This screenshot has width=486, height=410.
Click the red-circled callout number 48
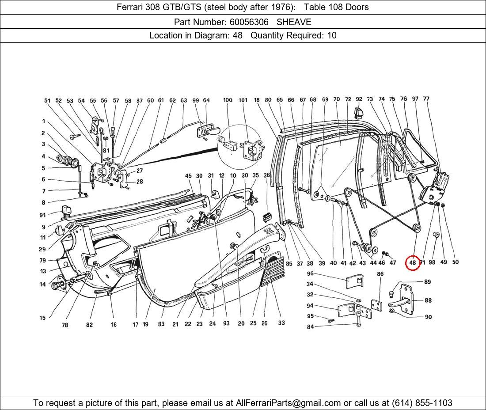coord(412,262)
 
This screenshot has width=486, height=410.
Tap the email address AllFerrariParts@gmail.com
coord(288,403)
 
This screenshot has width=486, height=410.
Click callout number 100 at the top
coord(228,100)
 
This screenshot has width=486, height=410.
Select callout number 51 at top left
coord(47,101)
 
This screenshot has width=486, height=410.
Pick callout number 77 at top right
coord(426,99)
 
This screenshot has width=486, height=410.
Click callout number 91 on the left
coord(42,215)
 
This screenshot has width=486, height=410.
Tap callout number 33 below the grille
coord(281,323)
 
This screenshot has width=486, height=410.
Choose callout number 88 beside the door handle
coord(428,300)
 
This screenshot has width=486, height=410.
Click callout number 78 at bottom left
coord(65,325)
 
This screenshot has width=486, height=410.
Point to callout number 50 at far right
coord(455,262)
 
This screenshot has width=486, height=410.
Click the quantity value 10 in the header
coord(331,35)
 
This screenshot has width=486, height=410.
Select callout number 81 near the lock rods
coord(106,151)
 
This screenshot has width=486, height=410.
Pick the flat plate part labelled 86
coord(376,306)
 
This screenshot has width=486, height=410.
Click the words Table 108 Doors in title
coord(336,7)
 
